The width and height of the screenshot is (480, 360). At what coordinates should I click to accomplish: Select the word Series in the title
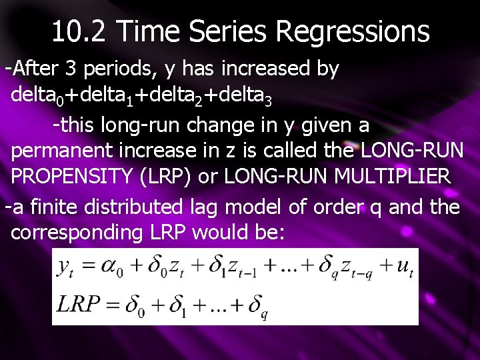coord(233,31)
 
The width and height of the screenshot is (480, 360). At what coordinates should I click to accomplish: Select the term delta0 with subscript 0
coord(37,97)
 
